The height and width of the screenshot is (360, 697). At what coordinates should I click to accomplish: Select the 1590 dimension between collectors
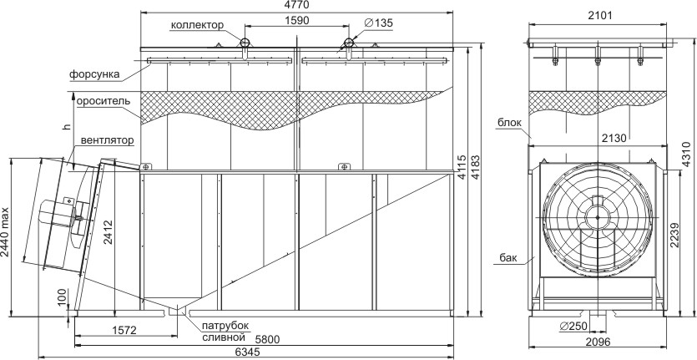click(x=296, y=19)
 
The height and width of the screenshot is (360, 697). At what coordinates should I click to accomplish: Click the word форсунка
click(x=94, y=74)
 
